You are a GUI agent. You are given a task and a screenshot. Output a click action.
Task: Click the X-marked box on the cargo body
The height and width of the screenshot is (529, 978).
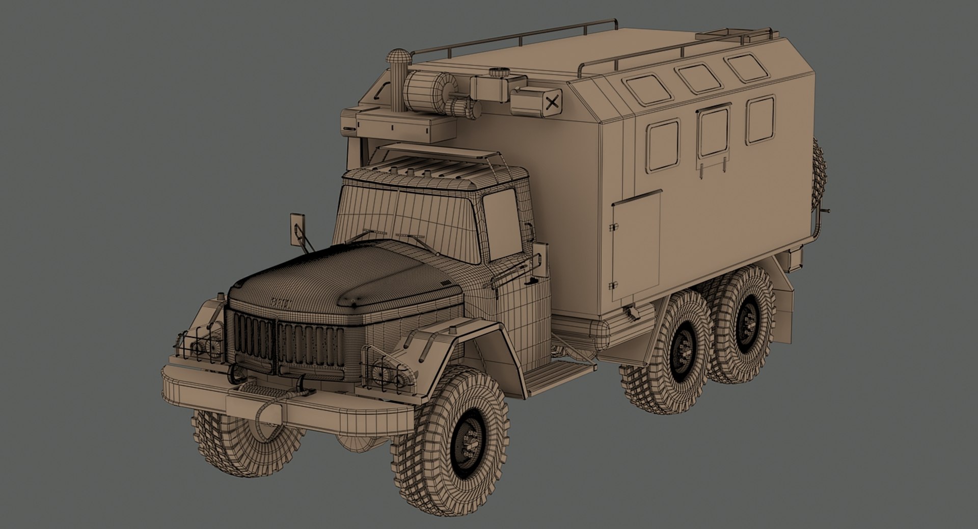tap(551, 103)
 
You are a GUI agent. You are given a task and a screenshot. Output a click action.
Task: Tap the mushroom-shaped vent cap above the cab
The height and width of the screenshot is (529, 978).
tap(397, 57)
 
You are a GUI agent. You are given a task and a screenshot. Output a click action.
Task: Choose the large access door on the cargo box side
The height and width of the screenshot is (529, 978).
tap(637, 246)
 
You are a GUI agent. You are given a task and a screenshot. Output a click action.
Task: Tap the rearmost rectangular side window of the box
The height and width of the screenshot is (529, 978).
tap(760, 120)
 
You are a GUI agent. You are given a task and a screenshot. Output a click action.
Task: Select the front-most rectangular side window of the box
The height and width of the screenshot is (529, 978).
tap(664, 144)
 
